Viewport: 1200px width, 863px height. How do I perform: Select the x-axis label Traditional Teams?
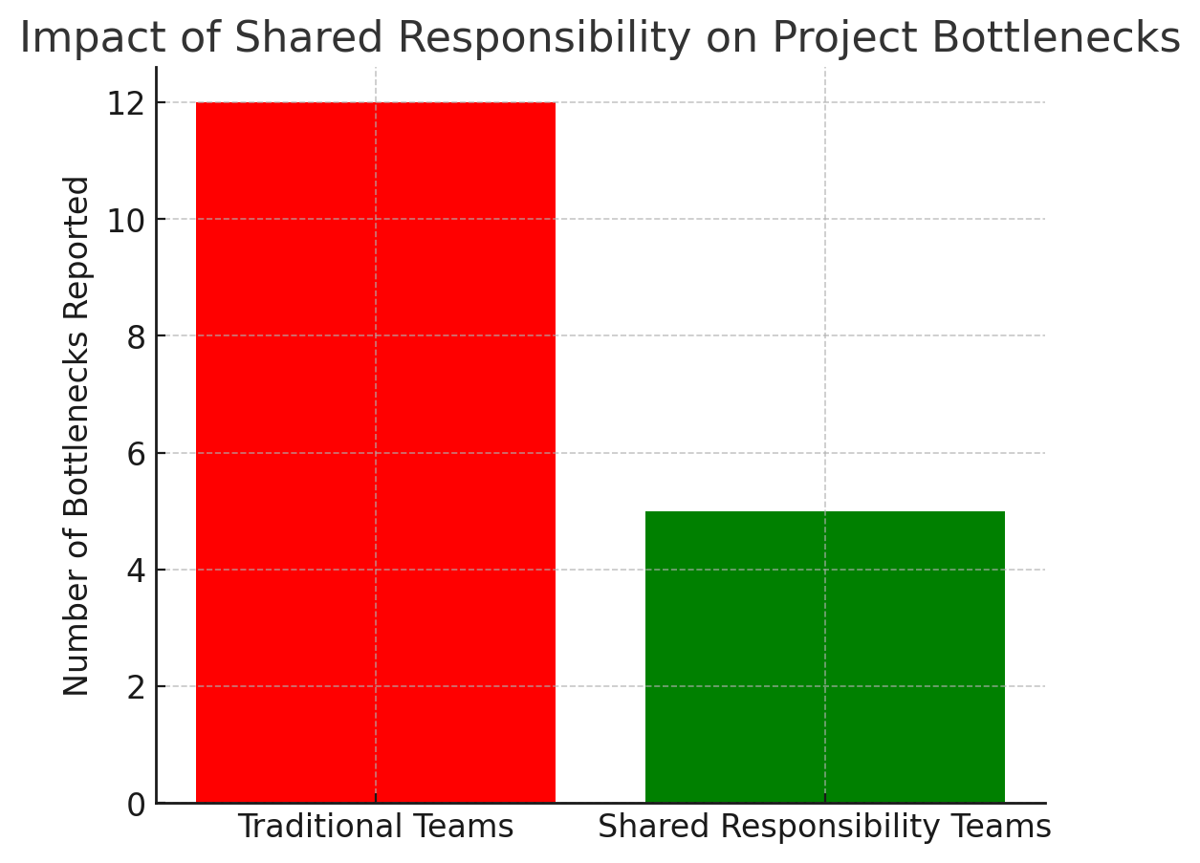click(375, 827)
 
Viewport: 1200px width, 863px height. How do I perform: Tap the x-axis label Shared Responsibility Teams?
click(824, 827)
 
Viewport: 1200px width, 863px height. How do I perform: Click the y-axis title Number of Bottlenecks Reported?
click(76, 435)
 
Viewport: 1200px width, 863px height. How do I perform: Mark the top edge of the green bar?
click(824, 512)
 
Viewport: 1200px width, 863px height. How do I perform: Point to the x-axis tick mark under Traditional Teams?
click(375, 798)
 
